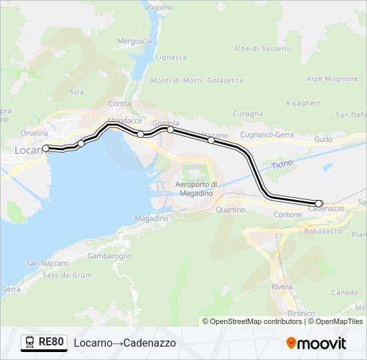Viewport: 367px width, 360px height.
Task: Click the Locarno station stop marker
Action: [45, 148]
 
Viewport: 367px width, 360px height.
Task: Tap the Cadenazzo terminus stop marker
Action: [319, 203]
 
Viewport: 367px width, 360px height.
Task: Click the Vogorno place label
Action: [158, 7]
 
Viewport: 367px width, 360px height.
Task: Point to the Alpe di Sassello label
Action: [262, 49]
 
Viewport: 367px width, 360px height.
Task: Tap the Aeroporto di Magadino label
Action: [196, 189]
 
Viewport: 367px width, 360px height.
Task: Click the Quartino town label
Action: [230, 209]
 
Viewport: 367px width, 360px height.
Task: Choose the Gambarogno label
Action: [109, 256]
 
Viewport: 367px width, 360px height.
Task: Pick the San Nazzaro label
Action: [43, 264]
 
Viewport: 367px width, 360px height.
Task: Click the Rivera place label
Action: [282, 287]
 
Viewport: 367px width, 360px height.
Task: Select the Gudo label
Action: [323, 139]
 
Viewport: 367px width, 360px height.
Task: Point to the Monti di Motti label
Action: [176, 81]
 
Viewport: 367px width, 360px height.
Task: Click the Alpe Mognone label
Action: [332, 79]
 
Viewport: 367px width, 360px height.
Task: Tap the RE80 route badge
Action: [44, 343]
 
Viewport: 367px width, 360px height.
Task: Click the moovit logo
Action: [316, 343]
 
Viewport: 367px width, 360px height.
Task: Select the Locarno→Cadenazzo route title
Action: [125, 343]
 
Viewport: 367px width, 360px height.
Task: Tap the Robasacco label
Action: [322, 231]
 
